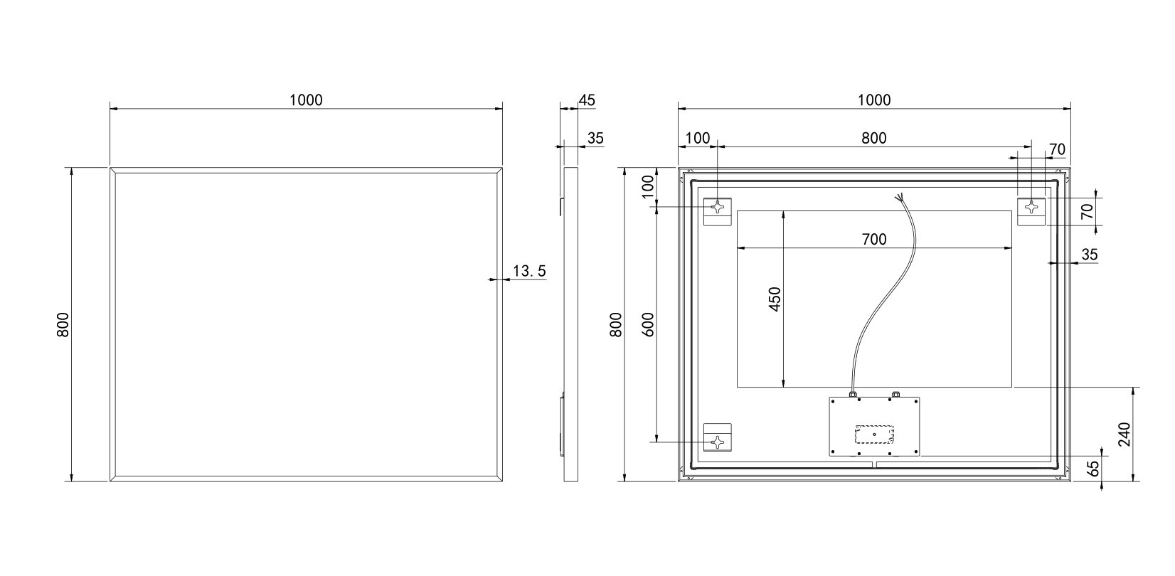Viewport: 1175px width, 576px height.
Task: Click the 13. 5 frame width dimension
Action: [529, 271]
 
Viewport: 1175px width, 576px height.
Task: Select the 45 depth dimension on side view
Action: [587, 100]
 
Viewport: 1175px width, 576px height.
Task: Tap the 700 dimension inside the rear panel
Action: [874, 240]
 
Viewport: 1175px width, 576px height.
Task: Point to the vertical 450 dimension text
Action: [775, 299]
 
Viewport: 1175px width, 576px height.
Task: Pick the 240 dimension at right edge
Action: [1125, 434]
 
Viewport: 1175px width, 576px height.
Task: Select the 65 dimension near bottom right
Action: [1094, 469]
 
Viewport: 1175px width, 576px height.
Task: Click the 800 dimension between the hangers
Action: [874, 138]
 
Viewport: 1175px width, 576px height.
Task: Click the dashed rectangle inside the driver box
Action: [873, 434]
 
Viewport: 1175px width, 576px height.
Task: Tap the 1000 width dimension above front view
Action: [306, 100]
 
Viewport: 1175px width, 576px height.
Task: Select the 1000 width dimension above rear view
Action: [874, 100]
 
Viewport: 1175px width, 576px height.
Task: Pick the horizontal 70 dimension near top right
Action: [1057, 149]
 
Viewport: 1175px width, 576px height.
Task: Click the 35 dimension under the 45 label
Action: [595, 138]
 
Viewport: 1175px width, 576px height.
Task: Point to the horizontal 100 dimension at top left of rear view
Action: [697, 138]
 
